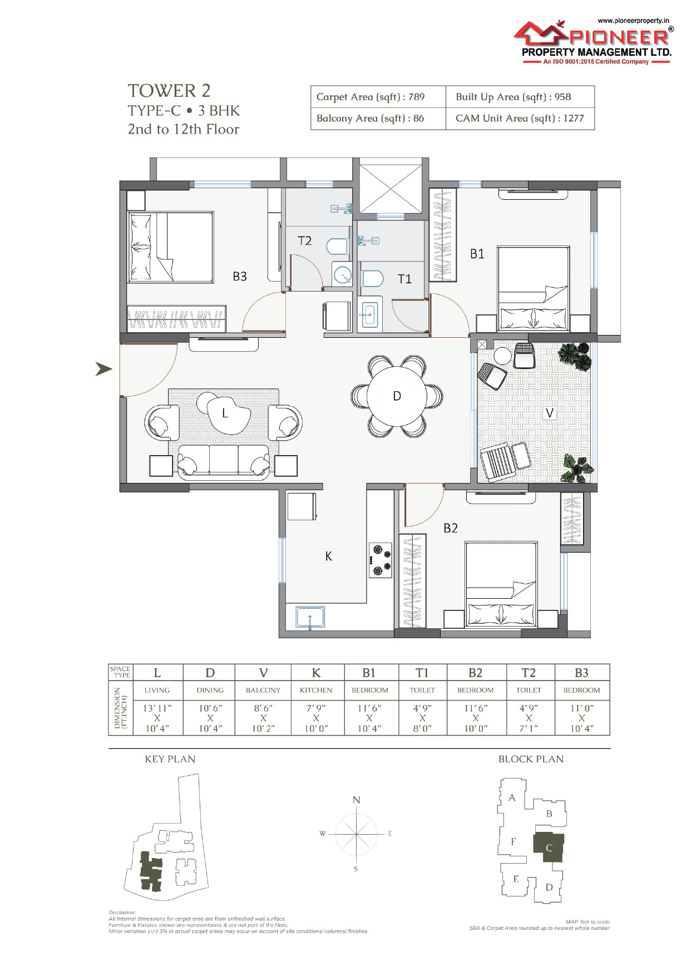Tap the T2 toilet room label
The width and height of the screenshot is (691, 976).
point(304,240)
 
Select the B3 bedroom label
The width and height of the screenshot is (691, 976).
point(240,276)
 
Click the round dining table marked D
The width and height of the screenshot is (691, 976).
point(397,396)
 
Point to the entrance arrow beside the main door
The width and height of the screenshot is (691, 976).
point(103,368)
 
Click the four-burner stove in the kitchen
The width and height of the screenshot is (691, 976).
point(380,560)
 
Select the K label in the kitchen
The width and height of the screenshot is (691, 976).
point(328,556)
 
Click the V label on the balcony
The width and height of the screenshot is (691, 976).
point(550,412)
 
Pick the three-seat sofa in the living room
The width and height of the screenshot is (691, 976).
point(224,461)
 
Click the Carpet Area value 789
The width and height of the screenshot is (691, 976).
point(416,97)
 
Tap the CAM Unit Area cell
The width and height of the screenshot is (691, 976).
point(520,118)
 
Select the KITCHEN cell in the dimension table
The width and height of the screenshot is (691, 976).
point(316,690)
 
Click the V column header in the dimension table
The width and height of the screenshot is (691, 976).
point(263,673)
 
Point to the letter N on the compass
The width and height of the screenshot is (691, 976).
point(357,800)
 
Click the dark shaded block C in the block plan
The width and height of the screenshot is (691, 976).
point(549,847)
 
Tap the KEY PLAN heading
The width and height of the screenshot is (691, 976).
point(170,759)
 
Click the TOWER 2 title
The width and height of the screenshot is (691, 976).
point(169,91)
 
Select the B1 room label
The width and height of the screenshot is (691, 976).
point(477,254)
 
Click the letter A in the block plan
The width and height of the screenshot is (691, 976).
point(512,797)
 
